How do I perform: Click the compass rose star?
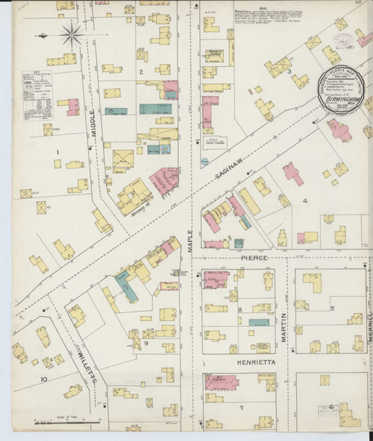[72, 33]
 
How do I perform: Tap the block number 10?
[45, 379]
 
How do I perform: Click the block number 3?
[289, 72]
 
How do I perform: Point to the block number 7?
[241, 408]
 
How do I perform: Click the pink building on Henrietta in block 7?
[222, 383]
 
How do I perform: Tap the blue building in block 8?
[258, 323]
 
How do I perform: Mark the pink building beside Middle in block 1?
[73, 107]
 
